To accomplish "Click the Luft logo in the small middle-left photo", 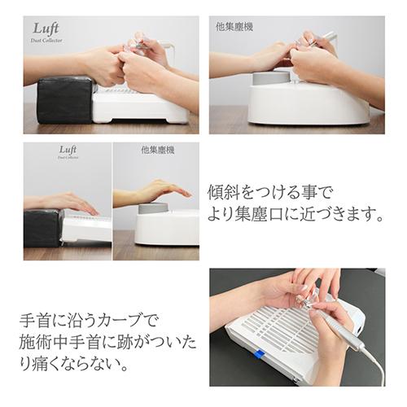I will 68,151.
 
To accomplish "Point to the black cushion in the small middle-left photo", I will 42,227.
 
